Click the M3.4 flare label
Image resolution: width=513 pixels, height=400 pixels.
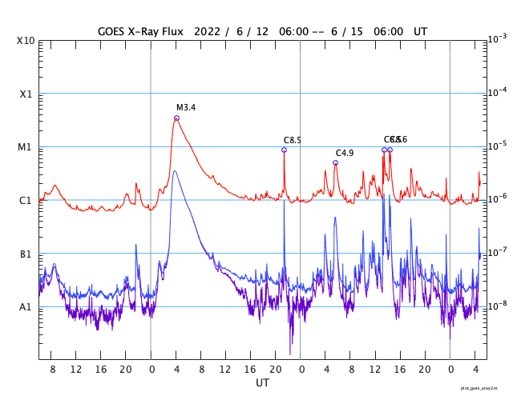186,107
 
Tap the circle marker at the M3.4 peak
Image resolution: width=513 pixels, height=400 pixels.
176,118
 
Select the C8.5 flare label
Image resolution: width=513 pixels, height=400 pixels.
293,140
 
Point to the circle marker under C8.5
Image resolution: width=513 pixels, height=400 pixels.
284,150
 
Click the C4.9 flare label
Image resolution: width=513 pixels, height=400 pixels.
345,153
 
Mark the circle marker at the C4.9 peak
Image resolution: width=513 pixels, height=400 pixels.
335,162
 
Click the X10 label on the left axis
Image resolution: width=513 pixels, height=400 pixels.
26,41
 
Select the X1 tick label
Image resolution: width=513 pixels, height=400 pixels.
26,94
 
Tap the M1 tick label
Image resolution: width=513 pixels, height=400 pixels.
26,147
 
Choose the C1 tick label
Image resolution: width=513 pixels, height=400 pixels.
26,200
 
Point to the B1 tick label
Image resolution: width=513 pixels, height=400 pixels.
26,254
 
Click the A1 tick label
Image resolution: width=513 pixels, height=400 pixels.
26,306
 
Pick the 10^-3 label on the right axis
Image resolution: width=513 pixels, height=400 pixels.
496,38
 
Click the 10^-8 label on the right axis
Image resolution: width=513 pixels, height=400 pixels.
496,305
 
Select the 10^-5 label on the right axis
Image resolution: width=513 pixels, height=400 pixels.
496,145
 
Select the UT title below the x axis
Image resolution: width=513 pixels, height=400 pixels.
263,383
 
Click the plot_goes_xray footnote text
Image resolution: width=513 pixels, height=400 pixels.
484,387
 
